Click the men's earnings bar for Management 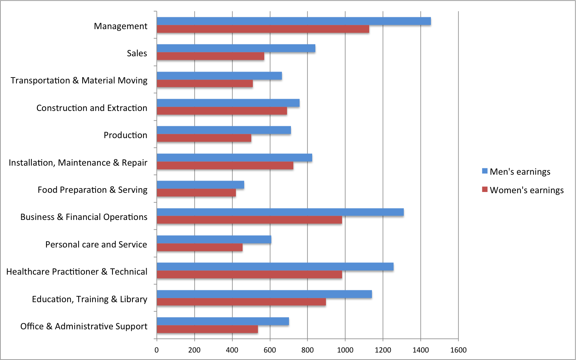294,21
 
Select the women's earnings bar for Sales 210,56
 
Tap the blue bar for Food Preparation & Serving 200,185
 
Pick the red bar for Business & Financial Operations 249,220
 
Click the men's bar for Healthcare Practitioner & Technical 275,267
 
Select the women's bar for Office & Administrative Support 207,329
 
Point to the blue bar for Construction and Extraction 228,103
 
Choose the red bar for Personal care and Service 199,247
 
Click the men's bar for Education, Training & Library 264,294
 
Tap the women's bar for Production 204,138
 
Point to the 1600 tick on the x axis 458,350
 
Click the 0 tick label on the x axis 156,350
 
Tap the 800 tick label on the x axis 307,350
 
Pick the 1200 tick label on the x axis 383,350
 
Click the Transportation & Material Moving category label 79,80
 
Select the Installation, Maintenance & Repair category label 78,162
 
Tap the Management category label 121,26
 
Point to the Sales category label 137,53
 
